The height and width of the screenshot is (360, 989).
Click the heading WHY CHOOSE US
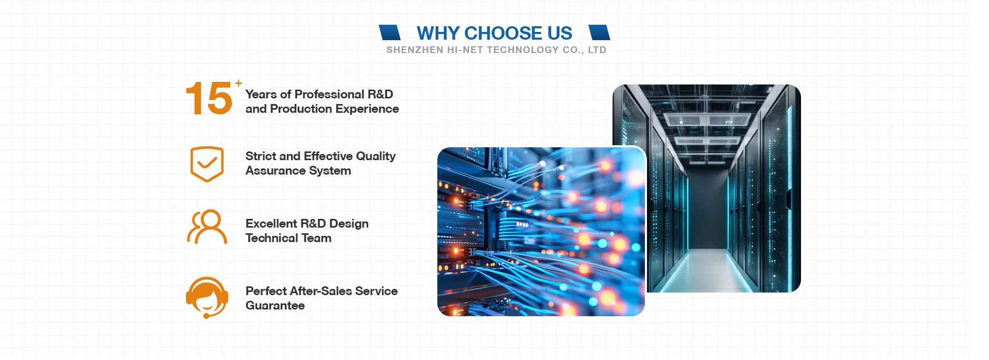[494, 33]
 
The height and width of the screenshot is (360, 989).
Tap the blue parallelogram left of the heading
[389, 32]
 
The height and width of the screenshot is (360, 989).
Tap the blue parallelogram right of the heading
[599, 32]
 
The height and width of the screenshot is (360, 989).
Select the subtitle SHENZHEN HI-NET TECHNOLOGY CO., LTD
[496, 50]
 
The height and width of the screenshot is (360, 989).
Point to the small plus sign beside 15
[238, 83]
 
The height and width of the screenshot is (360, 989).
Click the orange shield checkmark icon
[207, 164]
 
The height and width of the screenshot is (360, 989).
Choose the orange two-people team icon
[207, 227]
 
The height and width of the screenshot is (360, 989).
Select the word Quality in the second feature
[376, 157]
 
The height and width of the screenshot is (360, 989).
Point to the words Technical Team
[288, 238]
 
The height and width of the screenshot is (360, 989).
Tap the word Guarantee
[275, 306]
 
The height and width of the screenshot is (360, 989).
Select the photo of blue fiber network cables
[541, 231]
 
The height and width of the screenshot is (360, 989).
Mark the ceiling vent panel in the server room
[707, 120]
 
